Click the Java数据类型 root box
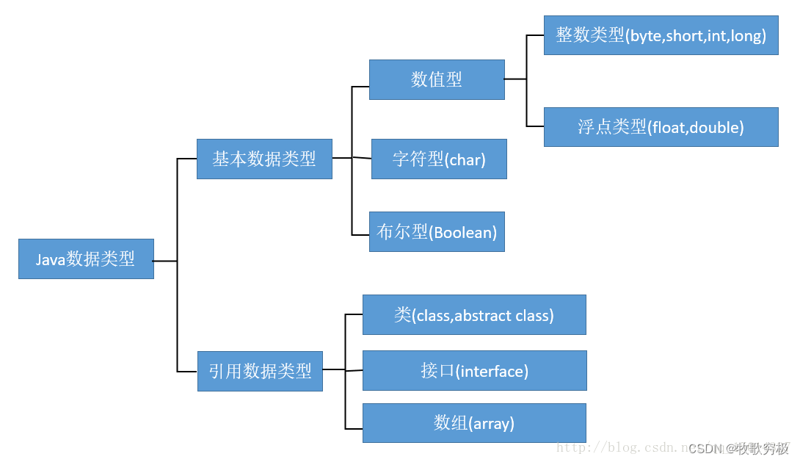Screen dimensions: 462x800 (x=86, y=259)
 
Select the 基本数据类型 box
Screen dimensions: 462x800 (x=264, y=159)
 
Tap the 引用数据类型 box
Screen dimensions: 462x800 (x=260, y=371)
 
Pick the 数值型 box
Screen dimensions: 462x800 (x=437, y=79)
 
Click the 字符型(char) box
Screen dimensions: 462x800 (x=439, y=159)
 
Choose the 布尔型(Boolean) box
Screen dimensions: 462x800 (x=437, y=232)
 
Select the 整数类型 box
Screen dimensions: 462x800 (x=661, y=35)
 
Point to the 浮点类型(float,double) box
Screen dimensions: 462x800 (x=661, y=127)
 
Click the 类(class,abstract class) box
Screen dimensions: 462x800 (x=474, y=315)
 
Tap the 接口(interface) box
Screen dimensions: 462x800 (x=474, y=371)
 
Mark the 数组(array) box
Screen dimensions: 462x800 (x=474, y=423)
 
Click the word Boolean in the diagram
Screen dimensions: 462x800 (x=463, y=233)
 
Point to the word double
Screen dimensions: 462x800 (x=716, y=128)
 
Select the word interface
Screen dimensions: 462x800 (x=492, y=372)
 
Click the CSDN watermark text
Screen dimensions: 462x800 (x=738, y=448)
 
